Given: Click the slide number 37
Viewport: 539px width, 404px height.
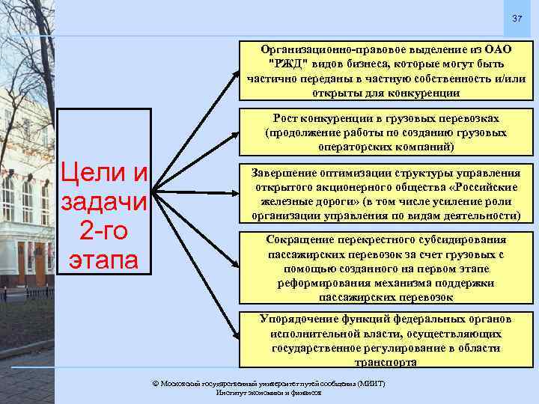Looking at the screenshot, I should pyautogui.click(x=516, y=19).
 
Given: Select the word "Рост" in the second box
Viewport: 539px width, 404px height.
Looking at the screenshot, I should pyautogui.click(x=288, y=119).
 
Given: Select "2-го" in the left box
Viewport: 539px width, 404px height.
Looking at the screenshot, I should pyautogui.click(x=106, y=232).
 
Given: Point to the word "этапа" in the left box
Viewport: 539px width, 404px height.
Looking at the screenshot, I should pyautogui.click(x=106, y=260).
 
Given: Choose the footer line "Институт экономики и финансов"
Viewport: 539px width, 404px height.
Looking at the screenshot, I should pyautogui.click(x=269, y=392).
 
